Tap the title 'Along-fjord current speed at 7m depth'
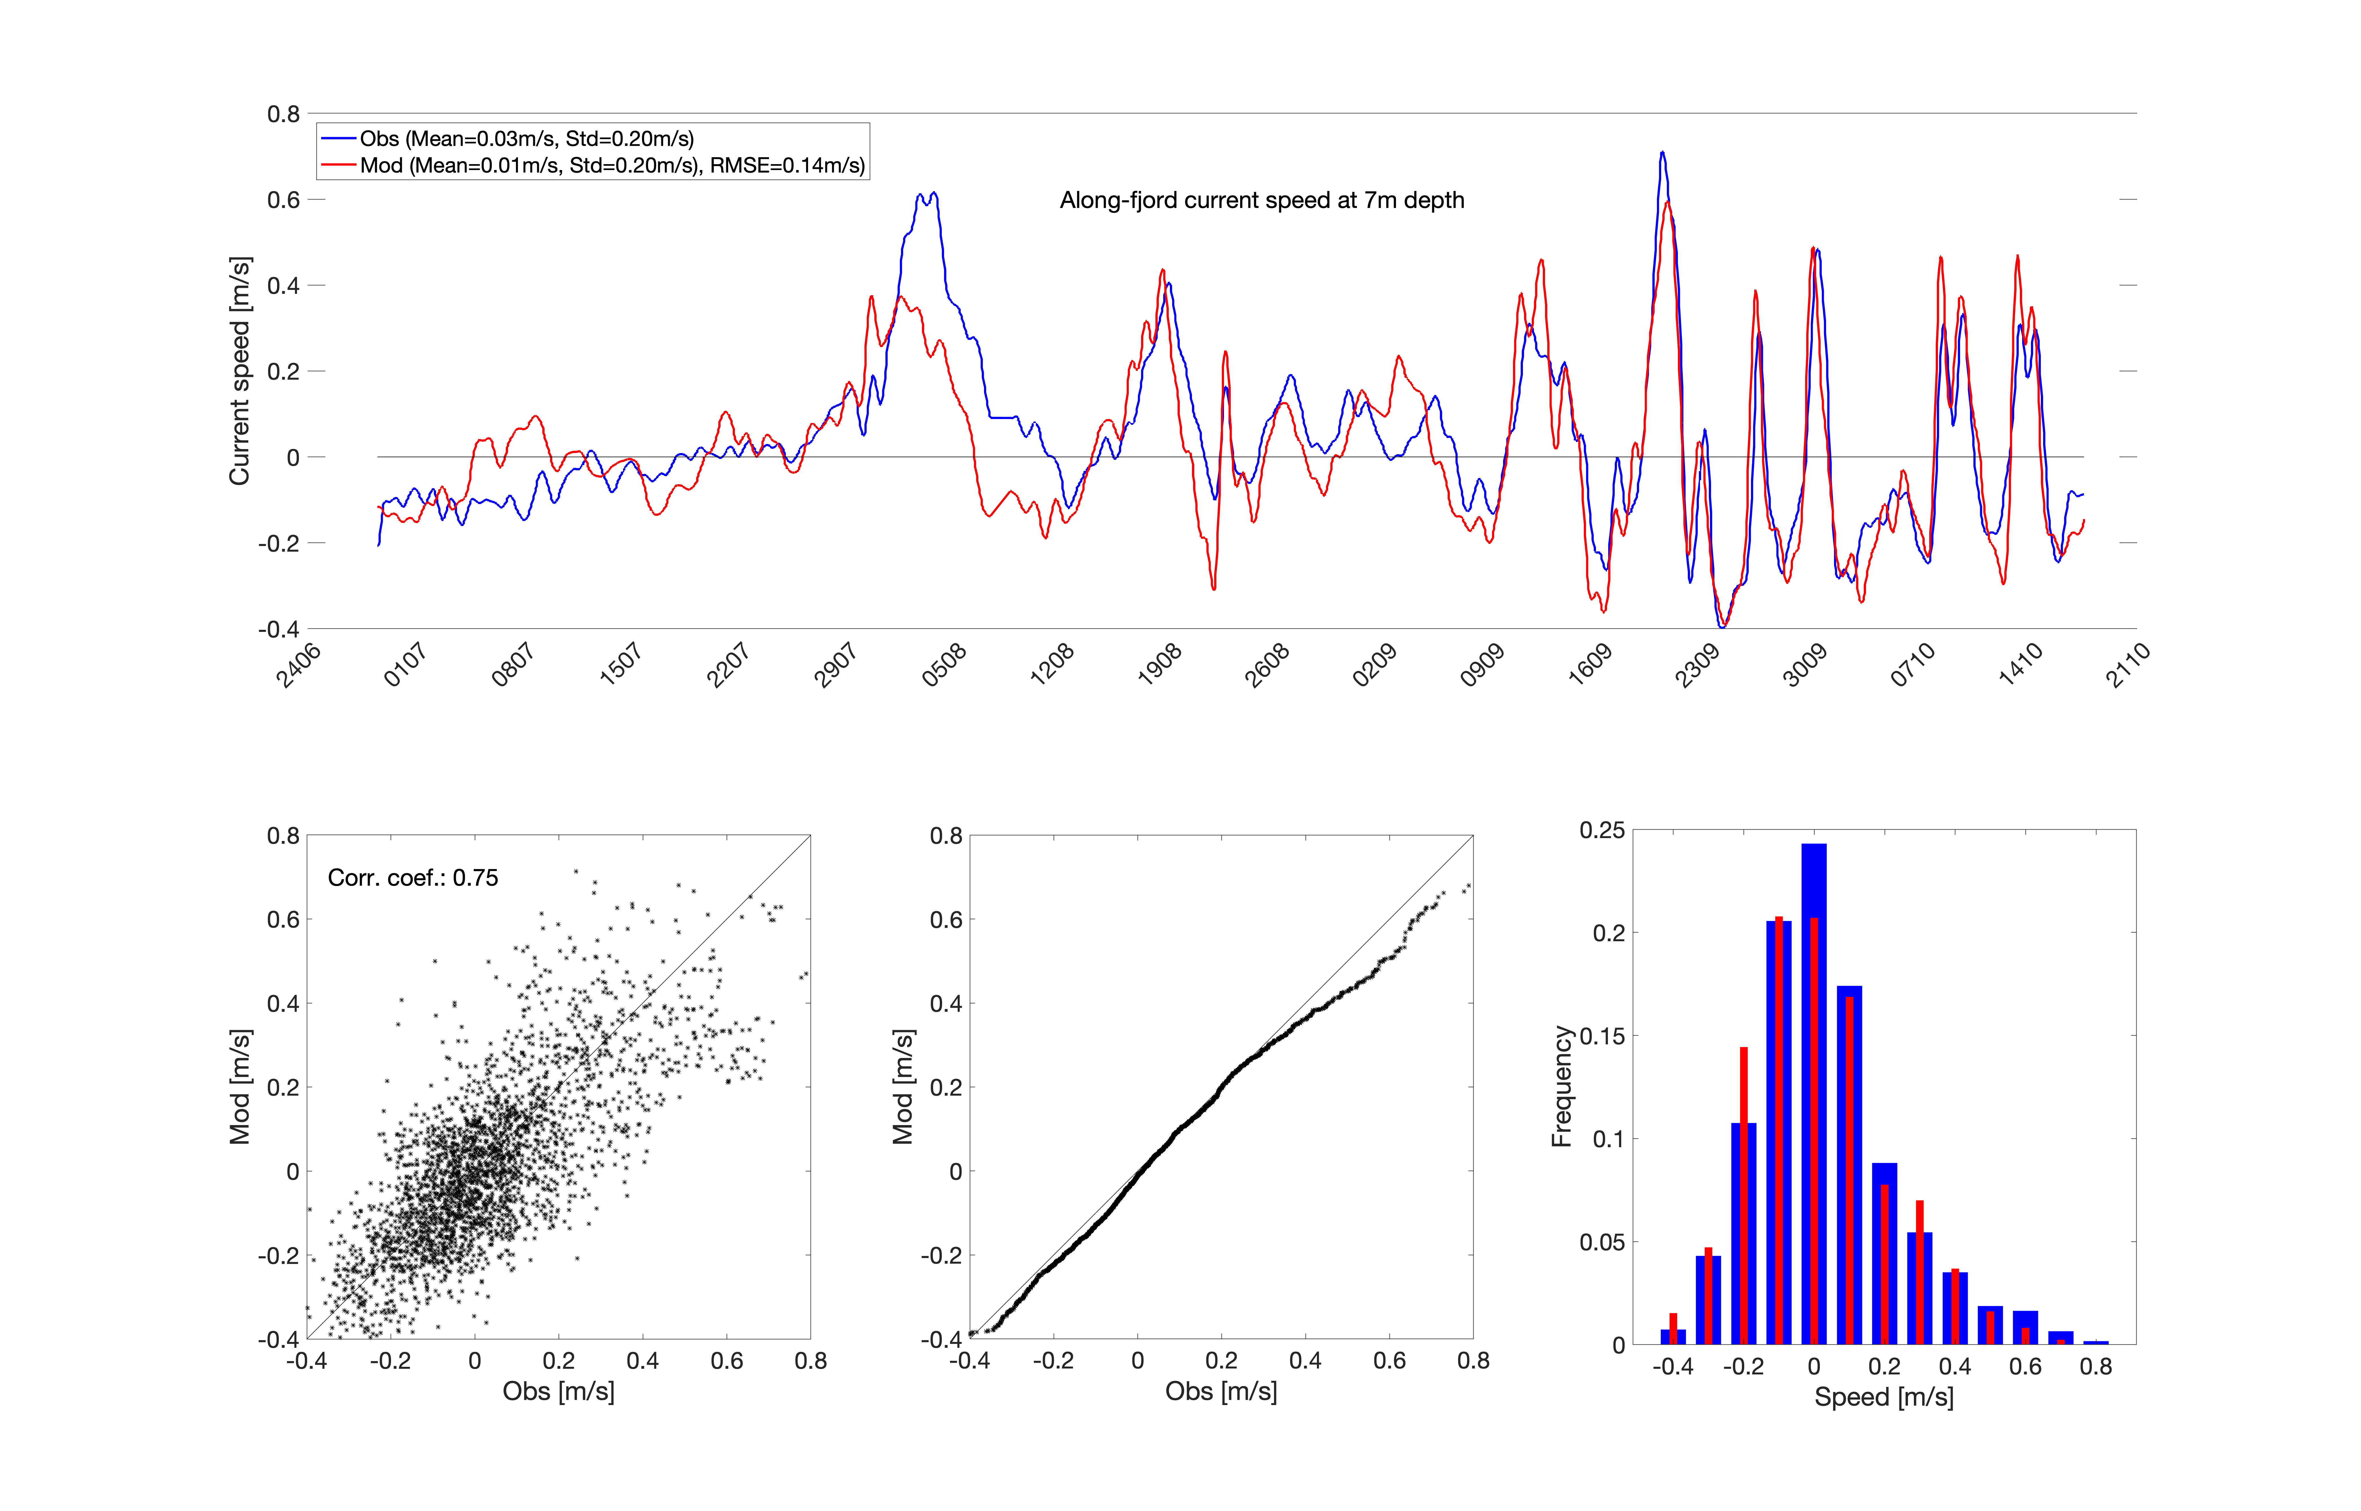coord(1261,200)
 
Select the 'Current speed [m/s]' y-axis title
coord(239,371)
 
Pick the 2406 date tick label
coord(298,665)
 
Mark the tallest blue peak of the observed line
coord(1662,154)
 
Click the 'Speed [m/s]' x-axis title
coord(1883,1397)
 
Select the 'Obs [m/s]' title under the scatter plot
coord(558,1391)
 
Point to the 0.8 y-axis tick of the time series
coord(284,114)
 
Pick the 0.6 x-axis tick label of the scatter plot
coord(727,1361)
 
